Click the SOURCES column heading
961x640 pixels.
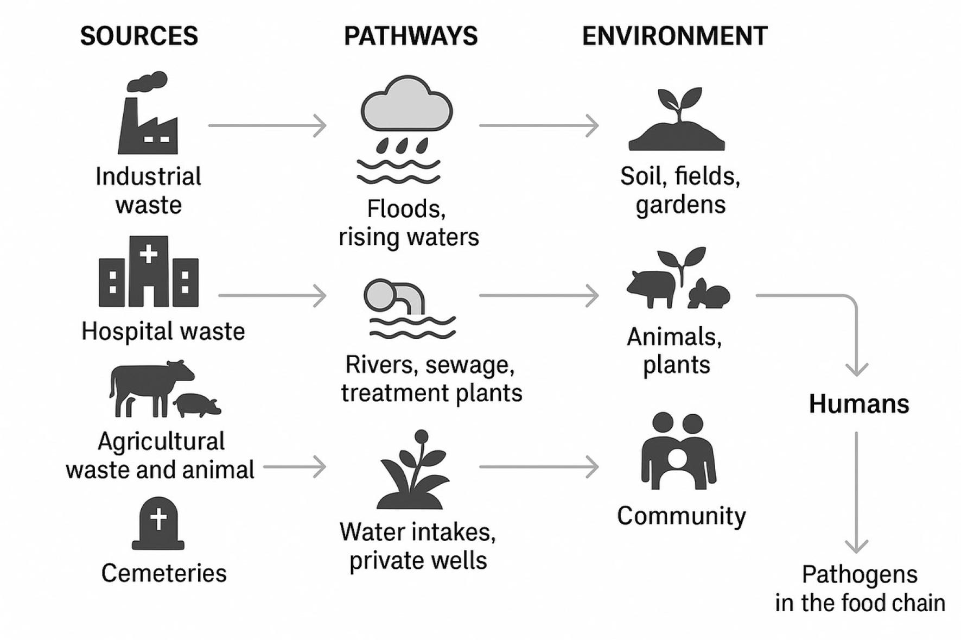pyautogui.click(x=139, y=36)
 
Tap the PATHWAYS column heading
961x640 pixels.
pyautogui.click(x=411, y=36)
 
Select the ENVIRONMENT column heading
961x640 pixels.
pyautogui.click(x=674, y=36)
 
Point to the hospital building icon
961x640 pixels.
pyautogui.click(x=149, y=271)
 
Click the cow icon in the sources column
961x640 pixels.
pyautogui.click(x=151, y=388)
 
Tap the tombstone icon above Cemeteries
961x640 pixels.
pyautogui.click(x=158, y=523)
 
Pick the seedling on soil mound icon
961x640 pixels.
pyautogui.click(x=677, y=119)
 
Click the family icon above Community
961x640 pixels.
pyautogui.click(x=678, y=451)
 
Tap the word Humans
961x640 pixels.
pyautogui.click(x=859, y=404)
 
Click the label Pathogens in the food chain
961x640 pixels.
pyautogui.click(x=860, y=588)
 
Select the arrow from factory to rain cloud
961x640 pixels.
pyautogui.click(x=268, y=125)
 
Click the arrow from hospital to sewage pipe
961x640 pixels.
pyautogui.click(x=272, y=296)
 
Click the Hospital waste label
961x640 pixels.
pyautogui.click(x=163, y=331)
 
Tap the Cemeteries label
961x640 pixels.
pyautogui.click(x=164, y=573)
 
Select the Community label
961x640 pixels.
pyautogui.click(x=682, y=516)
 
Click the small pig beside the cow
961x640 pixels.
pyautogui.click(x=197, y=405)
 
